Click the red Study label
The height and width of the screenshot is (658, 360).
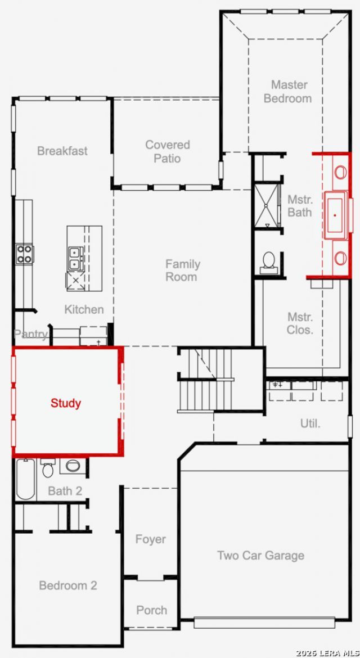point(66,403)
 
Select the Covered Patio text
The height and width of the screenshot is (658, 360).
point(168,151)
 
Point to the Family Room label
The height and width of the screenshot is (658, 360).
point(182,271)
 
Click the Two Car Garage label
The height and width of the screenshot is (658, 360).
point(260,555)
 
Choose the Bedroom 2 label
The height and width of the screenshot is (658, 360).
point(68,585)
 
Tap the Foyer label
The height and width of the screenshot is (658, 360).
point(150,539)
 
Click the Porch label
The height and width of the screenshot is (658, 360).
point(151,610)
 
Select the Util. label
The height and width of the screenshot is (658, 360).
point(310,423)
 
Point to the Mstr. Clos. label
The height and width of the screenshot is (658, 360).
point(300,323)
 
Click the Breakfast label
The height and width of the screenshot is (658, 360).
point(62,151)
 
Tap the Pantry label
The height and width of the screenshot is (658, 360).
point(30,334)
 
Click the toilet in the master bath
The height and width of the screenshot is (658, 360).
point(268,262)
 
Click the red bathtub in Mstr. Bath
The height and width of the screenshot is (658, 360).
point(335,215)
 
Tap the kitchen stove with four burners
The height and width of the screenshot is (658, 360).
point(25,254)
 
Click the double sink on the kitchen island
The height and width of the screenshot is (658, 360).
point(75,259)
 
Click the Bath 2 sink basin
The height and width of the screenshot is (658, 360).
point(73,466)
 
